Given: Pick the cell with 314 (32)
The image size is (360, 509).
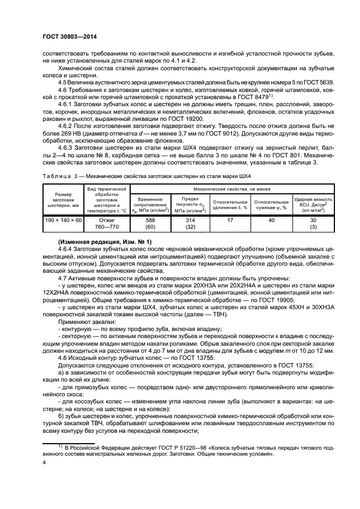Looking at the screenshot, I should tap(190, 223).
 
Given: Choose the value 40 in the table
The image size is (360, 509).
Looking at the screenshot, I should tap(271, 220).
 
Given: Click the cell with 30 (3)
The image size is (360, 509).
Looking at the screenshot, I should tap(313, 223).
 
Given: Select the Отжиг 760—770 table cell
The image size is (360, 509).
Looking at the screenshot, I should tap(107, 223).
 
